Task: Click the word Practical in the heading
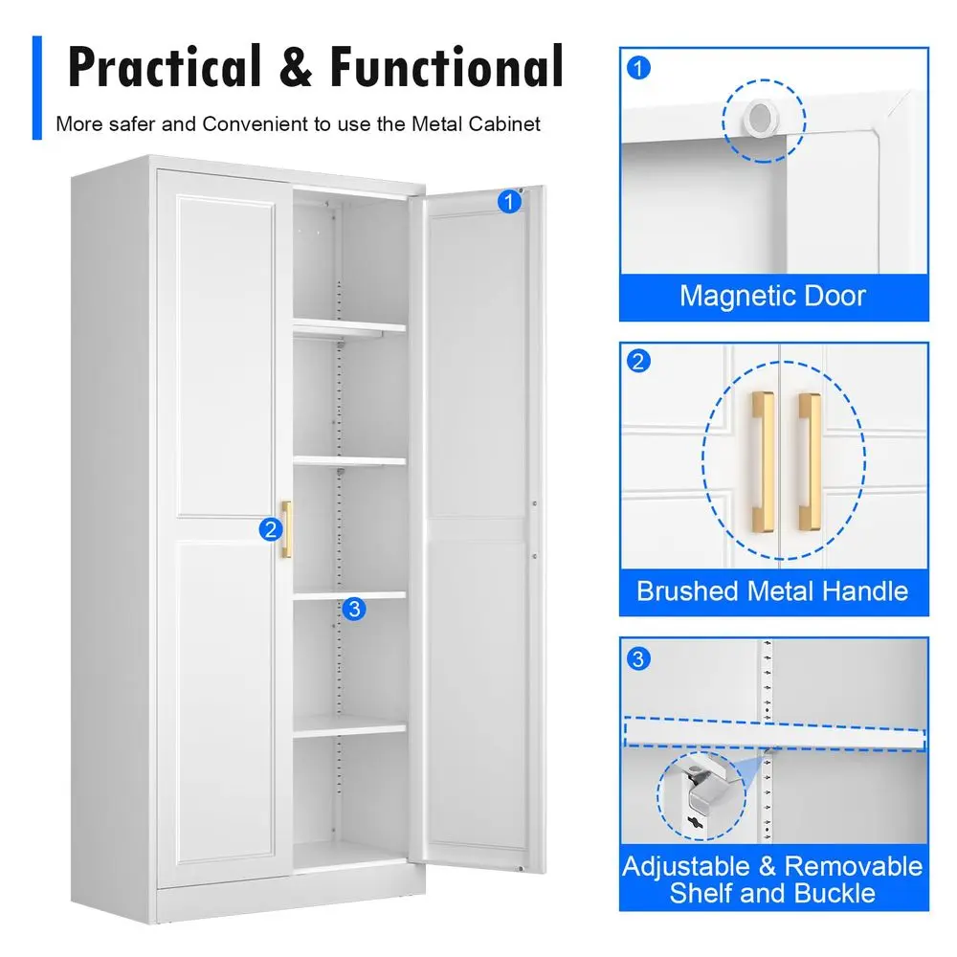(165, 67)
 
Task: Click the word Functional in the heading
(447, 66)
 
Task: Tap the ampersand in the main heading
(296, 67)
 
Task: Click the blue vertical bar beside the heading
(37, 88)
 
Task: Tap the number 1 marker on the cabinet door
(509, 201)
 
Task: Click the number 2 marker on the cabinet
(271, 529)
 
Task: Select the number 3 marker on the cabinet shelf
(354, 609)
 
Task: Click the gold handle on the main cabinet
(286, 529)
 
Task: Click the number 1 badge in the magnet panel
(638, 68)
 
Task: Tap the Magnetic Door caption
(772, 296)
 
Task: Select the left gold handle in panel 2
(764, 461)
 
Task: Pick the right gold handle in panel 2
(810, 461)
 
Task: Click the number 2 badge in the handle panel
(638, 361)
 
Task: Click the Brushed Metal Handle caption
(772, 591)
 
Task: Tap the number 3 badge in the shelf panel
(638, 659)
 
